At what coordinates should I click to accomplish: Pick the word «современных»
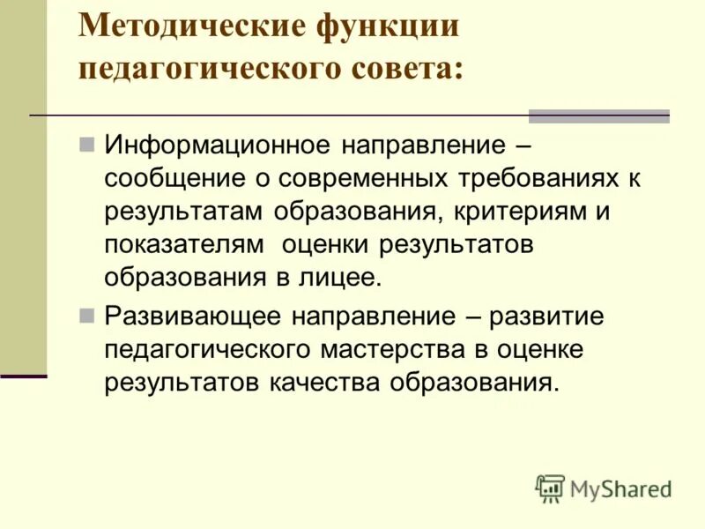369,179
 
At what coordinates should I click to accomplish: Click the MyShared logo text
621,488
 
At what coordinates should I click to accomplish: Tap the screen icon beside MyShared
550,488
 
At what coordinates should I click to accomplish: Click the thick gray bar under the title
598,116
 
